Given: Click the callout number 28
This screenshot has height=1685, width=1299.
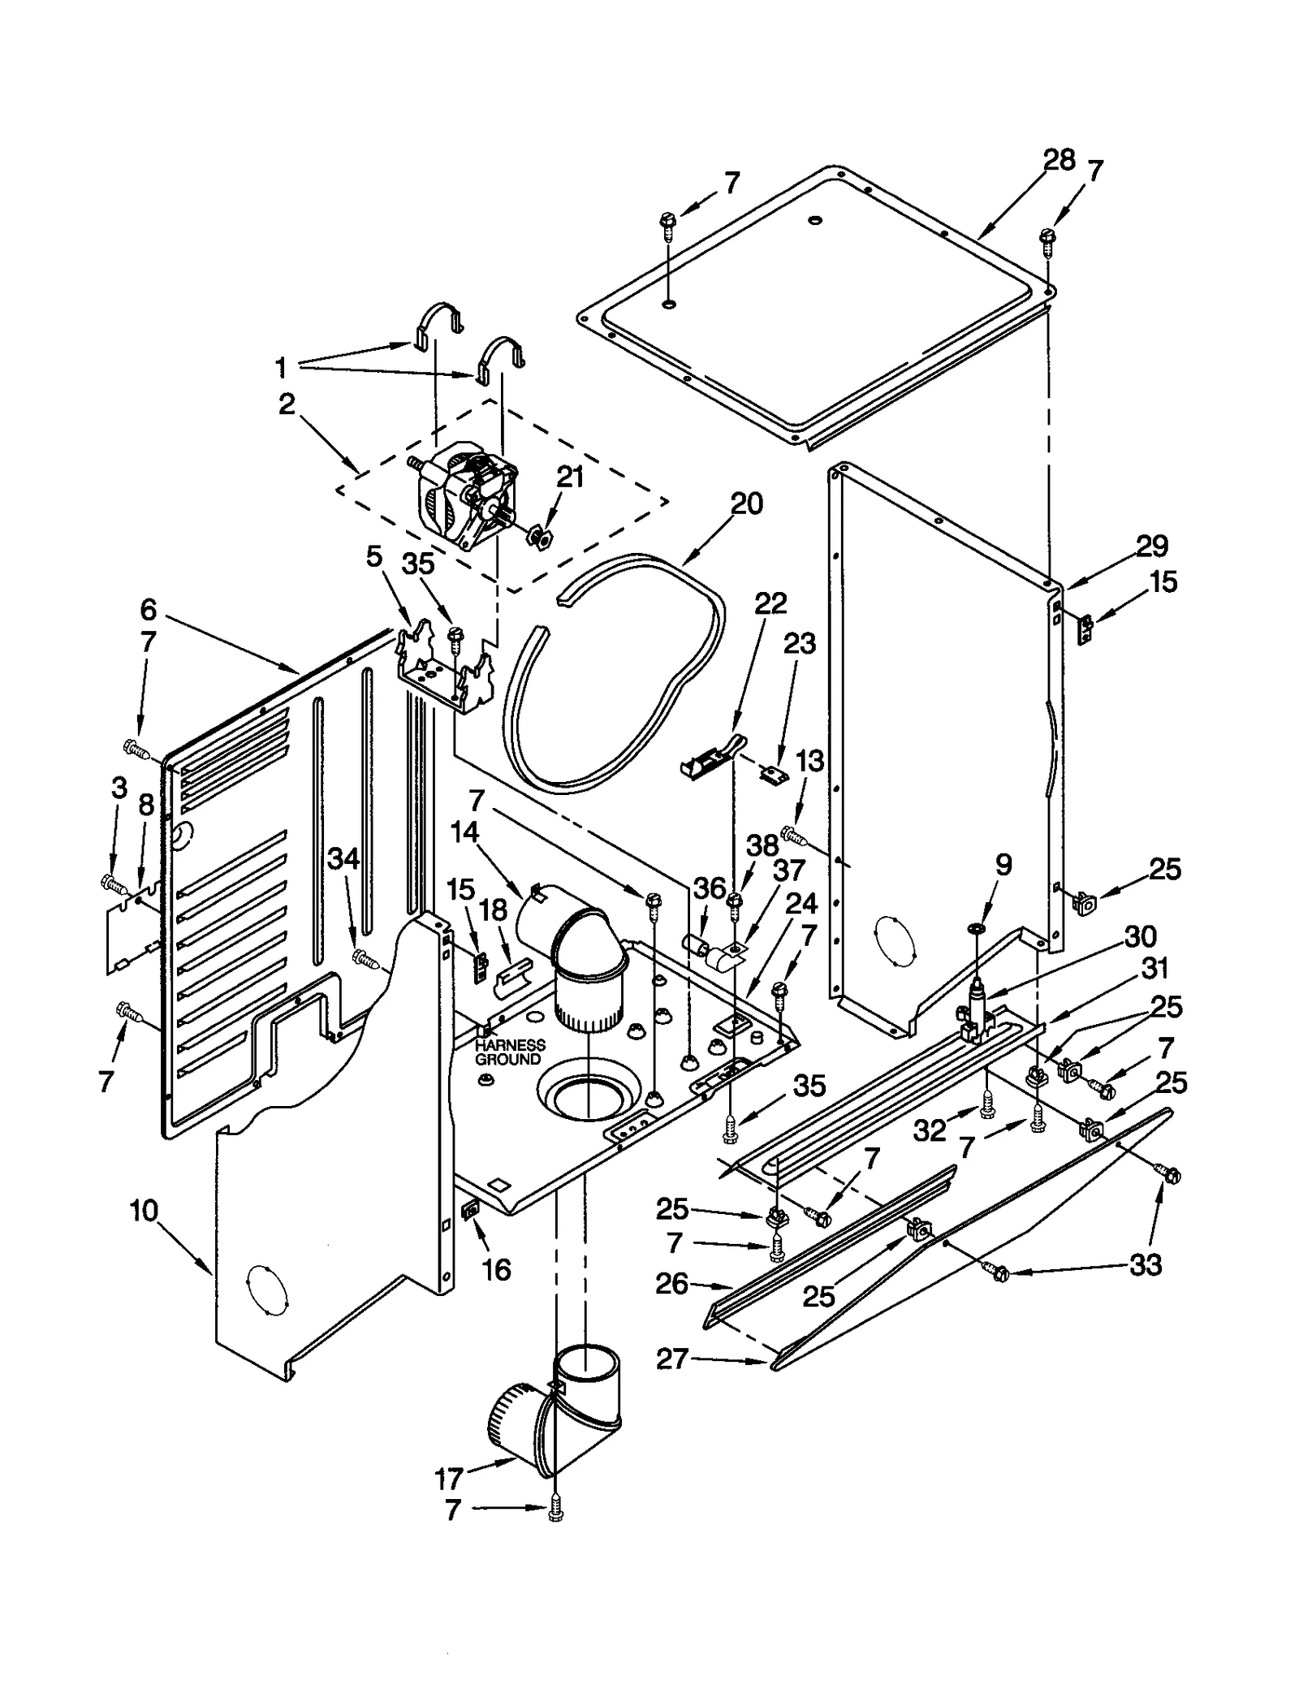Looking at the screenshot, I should click(x=1059, y=160).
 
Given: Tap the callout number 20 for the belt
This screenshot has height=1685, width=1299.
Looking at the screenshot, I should click(x=746, y=504).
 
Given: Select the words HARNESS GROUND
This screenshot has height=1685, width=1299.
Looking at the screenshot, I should click(x=509, y=1052).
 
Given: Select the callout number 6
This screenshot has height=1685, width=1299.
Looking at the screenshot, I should click(x=148, y=609).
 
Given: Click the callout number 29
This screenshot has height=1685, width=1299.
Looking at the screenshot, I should click(x=1151, y=547).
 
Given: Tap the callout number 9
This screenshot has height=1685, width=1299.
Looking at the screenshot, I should click(x=1003, y=865).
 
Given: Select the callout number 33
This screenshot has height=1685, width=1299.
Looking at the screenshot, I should click(x=1145, y=1264).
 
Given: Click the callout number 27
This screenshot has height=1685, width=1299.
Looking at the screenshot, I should click(x=672, y=1359).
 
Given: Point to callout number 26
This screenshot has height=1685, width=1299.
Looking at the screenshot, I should click(x=671, y=1284).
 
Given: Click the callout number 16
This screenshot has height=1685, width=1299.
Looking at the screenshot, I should click(x=496, y=1269).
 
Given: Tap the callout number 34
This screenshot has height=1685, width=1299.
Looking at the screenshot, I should click(x=343, y=859).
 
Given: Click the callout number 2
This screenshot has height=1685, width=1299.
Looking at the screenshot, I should click(x=287, y=404).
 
